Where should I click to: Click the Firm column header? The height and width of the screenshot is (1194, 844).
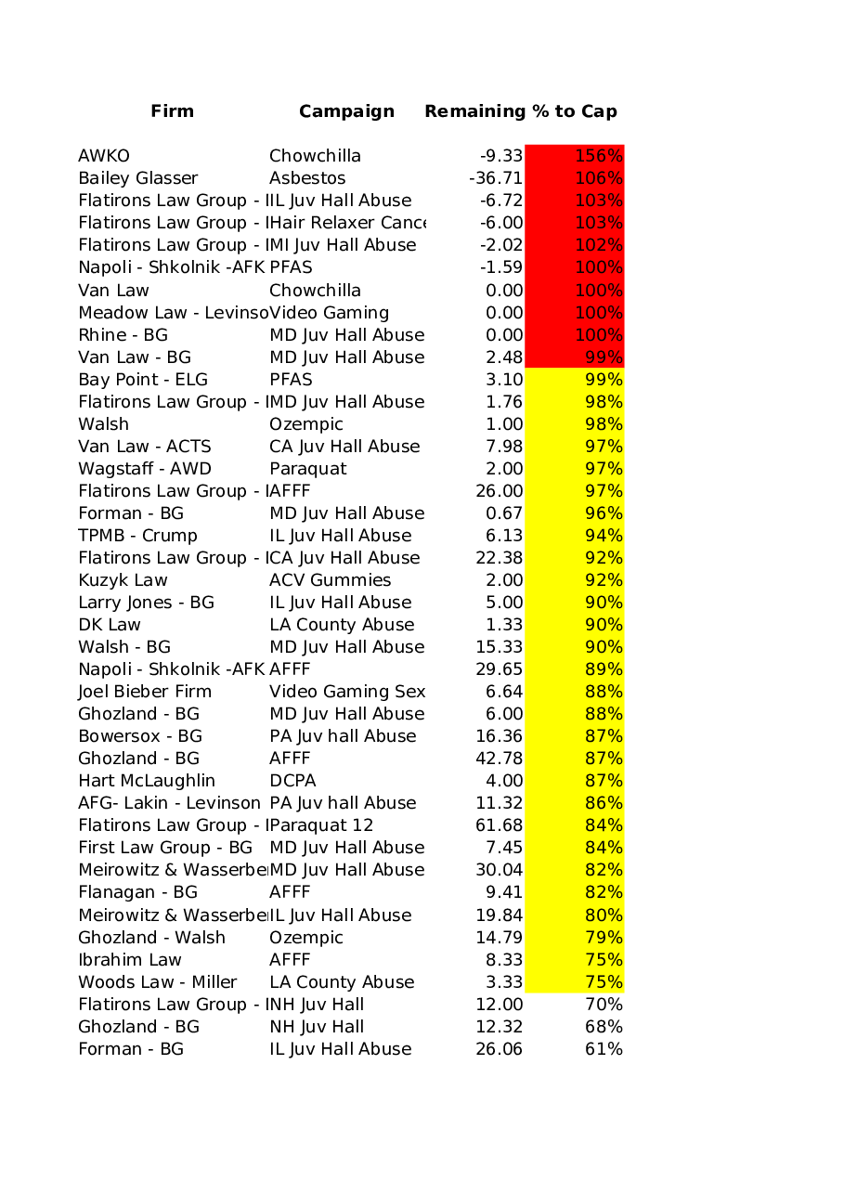point(173,111)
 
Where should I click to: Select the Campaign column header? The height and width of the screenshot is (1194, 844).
point(346,111)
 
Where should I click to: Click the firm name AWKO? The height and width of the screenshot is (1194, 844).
point(104,156)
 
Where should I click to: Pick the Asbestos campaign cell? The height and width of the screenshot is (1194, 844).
point(307,178)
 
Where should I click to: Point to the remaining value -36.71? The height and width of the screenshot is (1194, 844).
point(496,178)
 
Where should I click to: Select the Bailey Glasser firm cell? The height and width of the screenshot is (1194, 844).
point(138,178)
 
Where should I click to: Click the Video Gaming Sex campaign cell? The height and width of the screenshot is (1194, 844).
point(347,692)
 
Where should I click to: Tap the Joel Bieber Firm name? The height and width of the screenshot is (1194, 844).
point(145,692)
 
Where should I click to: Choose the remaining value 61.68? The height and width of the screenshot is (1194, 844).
point(500,825)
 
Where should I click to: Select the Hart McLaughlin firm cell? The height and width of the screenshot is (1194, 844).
point(147,781)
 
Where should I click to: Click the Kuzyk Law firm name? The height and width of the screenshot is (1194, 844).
point(123,580)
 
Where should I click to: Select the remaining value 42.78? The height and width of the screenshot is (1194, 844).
point(500,759)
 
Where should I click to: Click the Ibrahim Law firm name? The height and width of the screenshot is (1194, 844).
point(130,960)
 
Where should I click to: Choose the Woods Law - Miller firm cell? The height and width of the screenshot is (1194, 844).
point(158,982)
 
